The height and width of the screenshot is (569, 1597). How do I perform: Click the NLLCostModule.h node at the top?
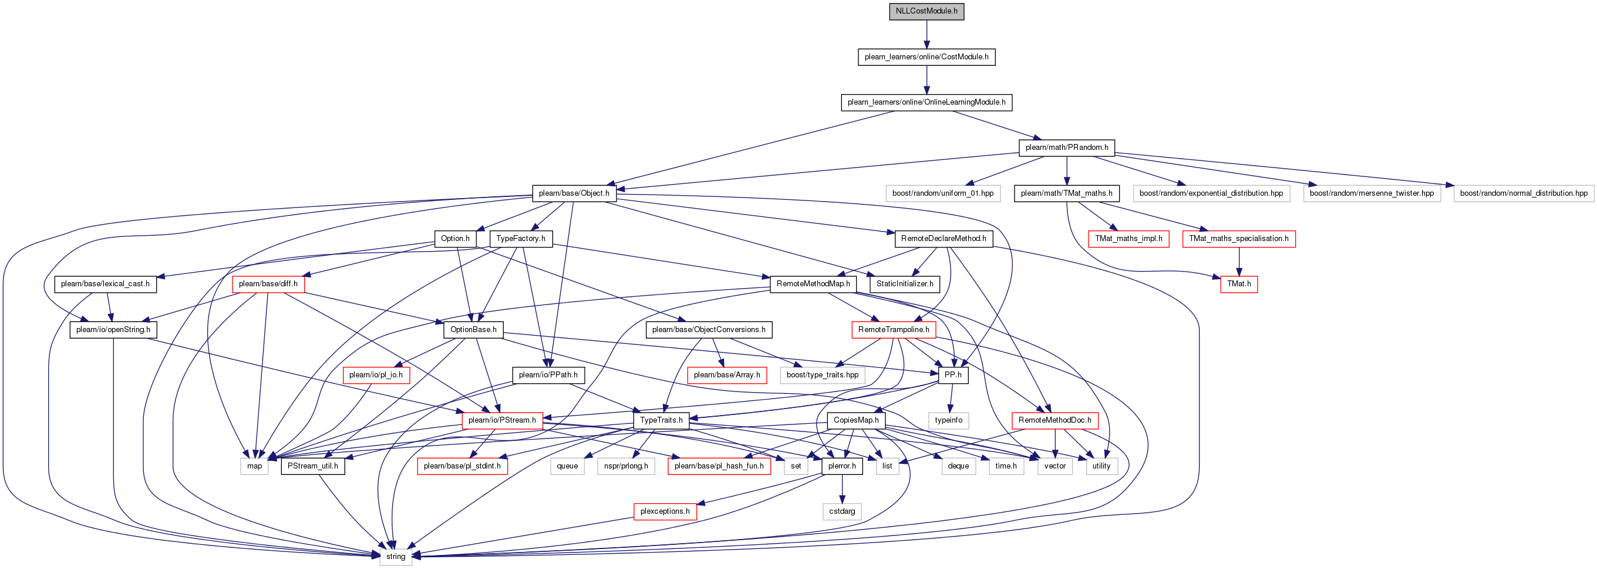pyautogui.click(x=926, y=11)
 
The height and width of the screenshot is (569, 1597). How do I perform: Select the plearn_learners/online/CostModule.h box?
pyautogui.click(x=926, y=56)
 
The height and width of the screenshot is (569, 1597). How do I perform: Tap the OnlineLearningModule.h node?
pyautogui.click(x=926, y=102)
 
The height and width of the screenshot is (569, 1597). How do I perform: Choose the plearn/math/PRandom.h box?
pyautogui.click(x=1066, y=148)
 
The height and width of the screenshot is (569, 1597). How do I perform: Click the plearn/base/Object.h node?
pyautogui.click(x=574, y=193)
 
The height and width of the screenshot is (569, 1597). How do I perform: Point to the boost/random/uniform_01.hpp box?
pyautogui.click(x=942, y=193)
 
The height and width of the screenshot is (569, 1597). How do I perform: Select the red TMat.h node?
pyautogui.click(x=1239, y=284)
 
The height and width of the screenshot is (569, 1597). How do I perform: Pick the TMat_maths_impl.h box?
pyautogui.click(x=1128, y=239)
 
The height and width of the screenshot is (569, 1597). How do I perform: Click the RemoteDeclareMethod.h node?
pyautogui.click(x=944, y=239)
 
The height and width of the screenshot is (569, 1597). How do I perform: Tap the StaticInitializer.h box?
pyautogui.click(x=905, y=284)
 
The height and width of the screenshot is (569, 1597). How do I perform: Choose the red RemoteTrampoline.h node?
pyautogui.click(x=894, y=330)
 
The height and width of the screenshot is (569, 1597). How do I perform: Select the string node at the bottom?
pyautogui.click(x=396, y=557)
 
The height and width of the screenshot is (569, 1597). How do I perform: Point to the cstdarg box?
pyautogui.click(x=842, y=511)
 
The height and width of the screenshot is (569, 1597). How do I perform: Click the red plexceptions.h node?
pyautogui.click(x=665, y=511)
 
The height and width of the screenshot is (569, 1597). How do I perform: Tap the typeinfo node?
pyautogui.click(x=949, y=420)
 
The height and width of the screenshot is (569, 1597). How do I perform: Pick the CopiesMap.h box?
pyautogui.click(x=856, y=420)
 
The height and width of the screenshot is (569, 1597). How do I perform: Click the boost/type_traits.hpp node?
pyautogui.click(x=823, y=375)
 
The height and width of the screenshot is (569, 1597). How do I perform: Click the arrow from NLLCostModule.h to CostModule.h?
pyautogui.click(x=926, y=34)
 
